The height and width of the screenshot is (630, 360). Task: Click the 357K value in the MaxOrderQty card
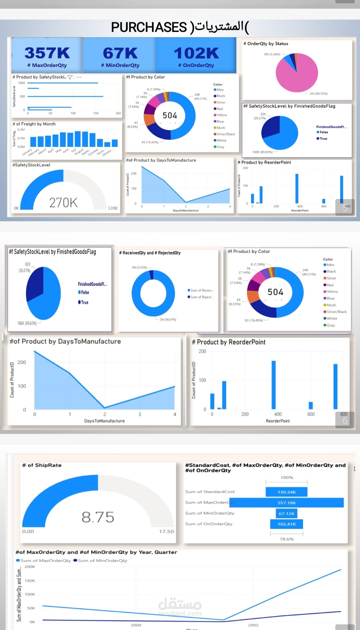tap(47, 53)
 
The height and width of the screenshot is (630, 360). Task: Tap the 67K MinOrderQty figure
tap(120, 53)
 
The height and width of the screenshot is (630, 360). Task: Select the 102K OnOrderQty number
tap(196, 53)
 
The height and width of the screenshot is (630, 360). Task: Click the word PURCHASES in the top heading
tap(149, 27)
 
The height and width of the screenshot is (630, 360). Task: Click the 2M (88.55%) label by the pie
tap(318, 94)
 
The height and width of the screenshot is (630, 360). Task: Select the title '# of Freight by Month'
tap(34, 124)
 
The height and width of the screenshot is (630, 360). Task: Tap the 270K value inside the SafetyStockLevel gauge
tap(63, 203)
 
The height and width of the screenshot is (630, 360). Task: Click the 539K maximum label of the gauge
tap(113, 208)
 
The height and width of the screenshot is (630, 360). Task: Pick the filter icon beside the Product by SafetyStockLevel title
tap(70, 77)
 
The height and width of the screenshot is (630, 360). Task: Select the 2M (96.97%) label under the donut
tap(168, 320)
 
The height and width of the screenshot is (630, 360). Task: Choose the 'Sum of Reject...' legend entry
tap(201, 297)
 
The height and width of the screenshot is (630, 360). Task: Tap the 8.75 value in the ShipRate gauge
tap(98, 517)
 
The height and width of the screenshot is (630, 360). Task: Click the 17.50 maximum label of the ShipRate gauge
tap(166, 532)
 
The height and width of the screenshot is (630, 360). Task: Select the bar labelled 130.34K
tap(286, 492)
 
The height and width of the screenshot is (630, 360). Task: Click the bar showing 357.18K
tap(286, 503)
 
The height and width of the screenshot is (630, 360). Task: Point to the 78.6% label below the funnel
tap(287, 539)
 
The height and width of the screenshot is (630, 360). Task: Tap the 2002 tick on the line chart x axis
tap(253, 625)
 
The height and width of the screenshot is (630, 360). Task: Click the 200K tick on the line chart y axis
tap(30, 567)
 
